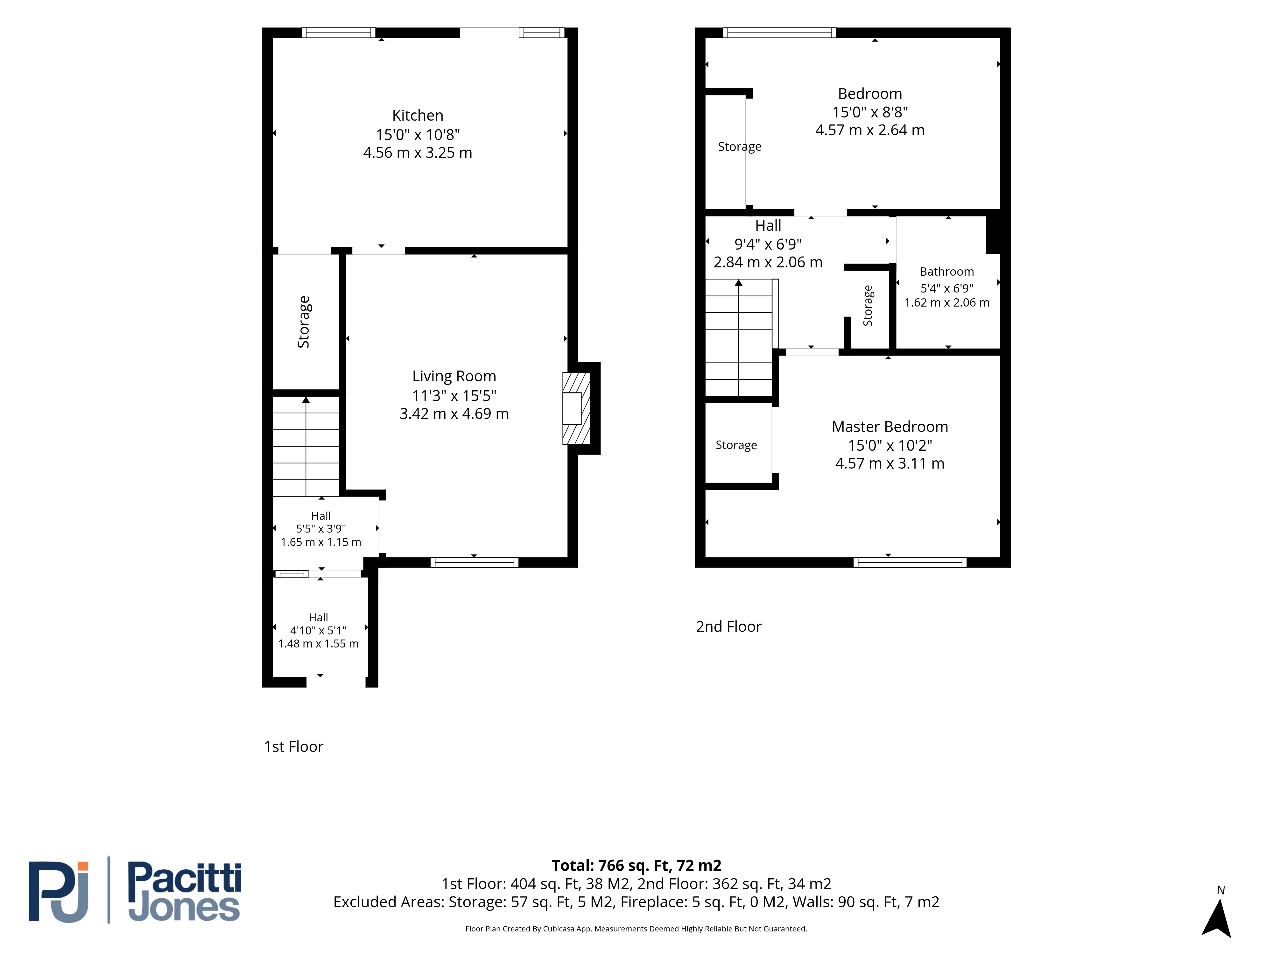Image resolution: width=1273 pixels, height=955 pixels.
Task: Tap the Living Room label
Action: tap(454, 377)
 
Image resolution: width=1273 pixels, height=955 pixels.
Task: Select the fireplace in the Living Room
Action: tap(577, 408)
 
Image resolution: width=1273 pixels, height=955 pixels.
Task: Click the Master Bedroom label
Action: tap(890, 427)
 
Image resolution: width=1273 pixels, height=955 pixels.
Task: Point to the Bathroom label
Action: tap(947, 272)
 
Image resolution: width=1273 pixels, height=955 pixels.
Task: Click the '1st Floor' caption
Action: tap(293, 746)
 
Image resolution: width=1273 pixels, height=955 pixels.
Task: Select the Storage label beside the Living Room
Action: tap(303, 322)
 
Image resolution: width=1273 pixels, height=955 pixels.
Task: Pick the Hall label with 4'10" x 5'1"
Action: tap(318, 617)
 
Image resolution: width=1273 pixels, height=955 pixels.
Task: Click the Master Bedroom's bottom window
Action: tap(910, 562)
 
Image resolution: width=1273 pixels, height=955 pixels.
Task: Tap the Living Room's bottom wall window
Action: tap(474, 562)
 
